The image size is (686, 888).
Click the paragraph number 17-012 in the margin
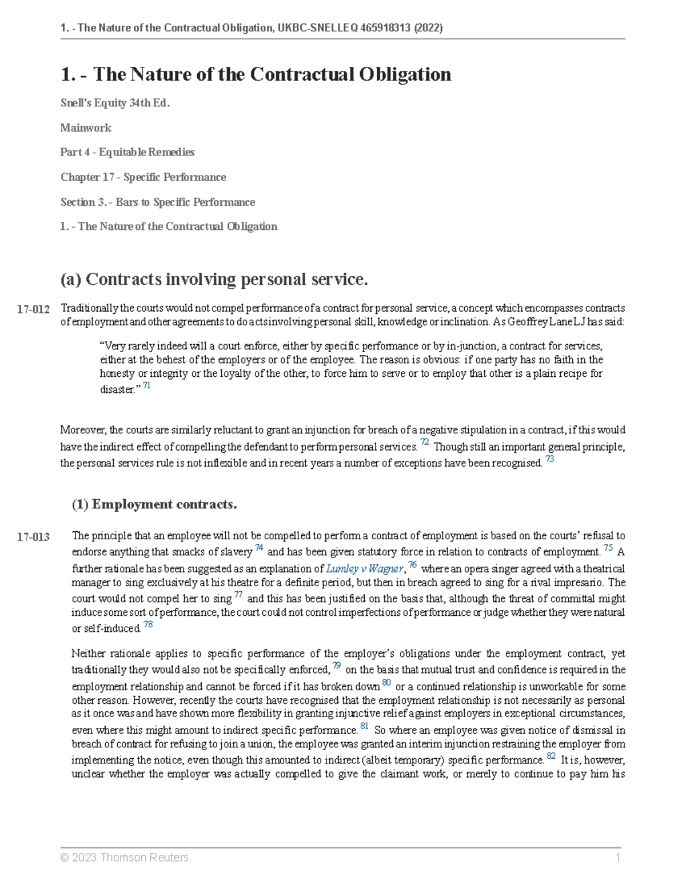(x=33, y=310)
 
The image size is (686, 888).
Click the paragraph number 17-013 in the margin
(x=33, y=537)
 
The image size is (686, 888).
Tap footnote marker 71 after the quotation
(x=147, y=386)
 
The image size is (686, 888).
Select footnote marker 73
(x=550, y=459)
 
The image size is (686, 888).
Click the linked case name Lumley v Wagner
(x=365, y=569)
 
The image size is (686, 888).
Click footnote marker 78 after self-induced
(x=148, y=624)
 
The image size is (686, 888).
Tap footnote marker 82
(x=551, y=756)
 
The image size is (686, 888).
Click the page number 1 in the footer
(x=618, y=858)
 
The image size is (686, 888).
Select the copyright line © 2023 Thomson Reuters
(x=126, y=858)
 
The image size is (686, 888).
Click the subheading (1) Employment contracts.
(x=154, y=504)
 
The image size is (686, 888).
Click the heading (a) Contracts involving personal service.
(x=214, y=280)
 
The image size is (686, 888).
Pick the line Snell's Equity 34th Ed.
(x=115, y=103)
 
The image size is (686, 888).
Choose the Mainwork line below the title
(x=86, y=128)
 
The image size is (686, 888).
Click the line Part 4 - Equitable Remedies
(x=127, y=152)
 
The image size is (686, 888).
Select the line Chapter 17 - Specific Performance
(x=143, y=177)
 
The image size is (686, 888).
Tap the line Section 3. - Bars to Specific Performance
(x=158, y=202)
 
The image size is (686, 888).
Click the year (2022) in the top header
(x=428, y=27)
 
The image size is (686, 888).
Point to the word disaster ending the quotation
(x=117, y=390)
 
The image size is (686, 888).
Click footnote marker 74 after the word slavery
(x=259, y=548)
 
